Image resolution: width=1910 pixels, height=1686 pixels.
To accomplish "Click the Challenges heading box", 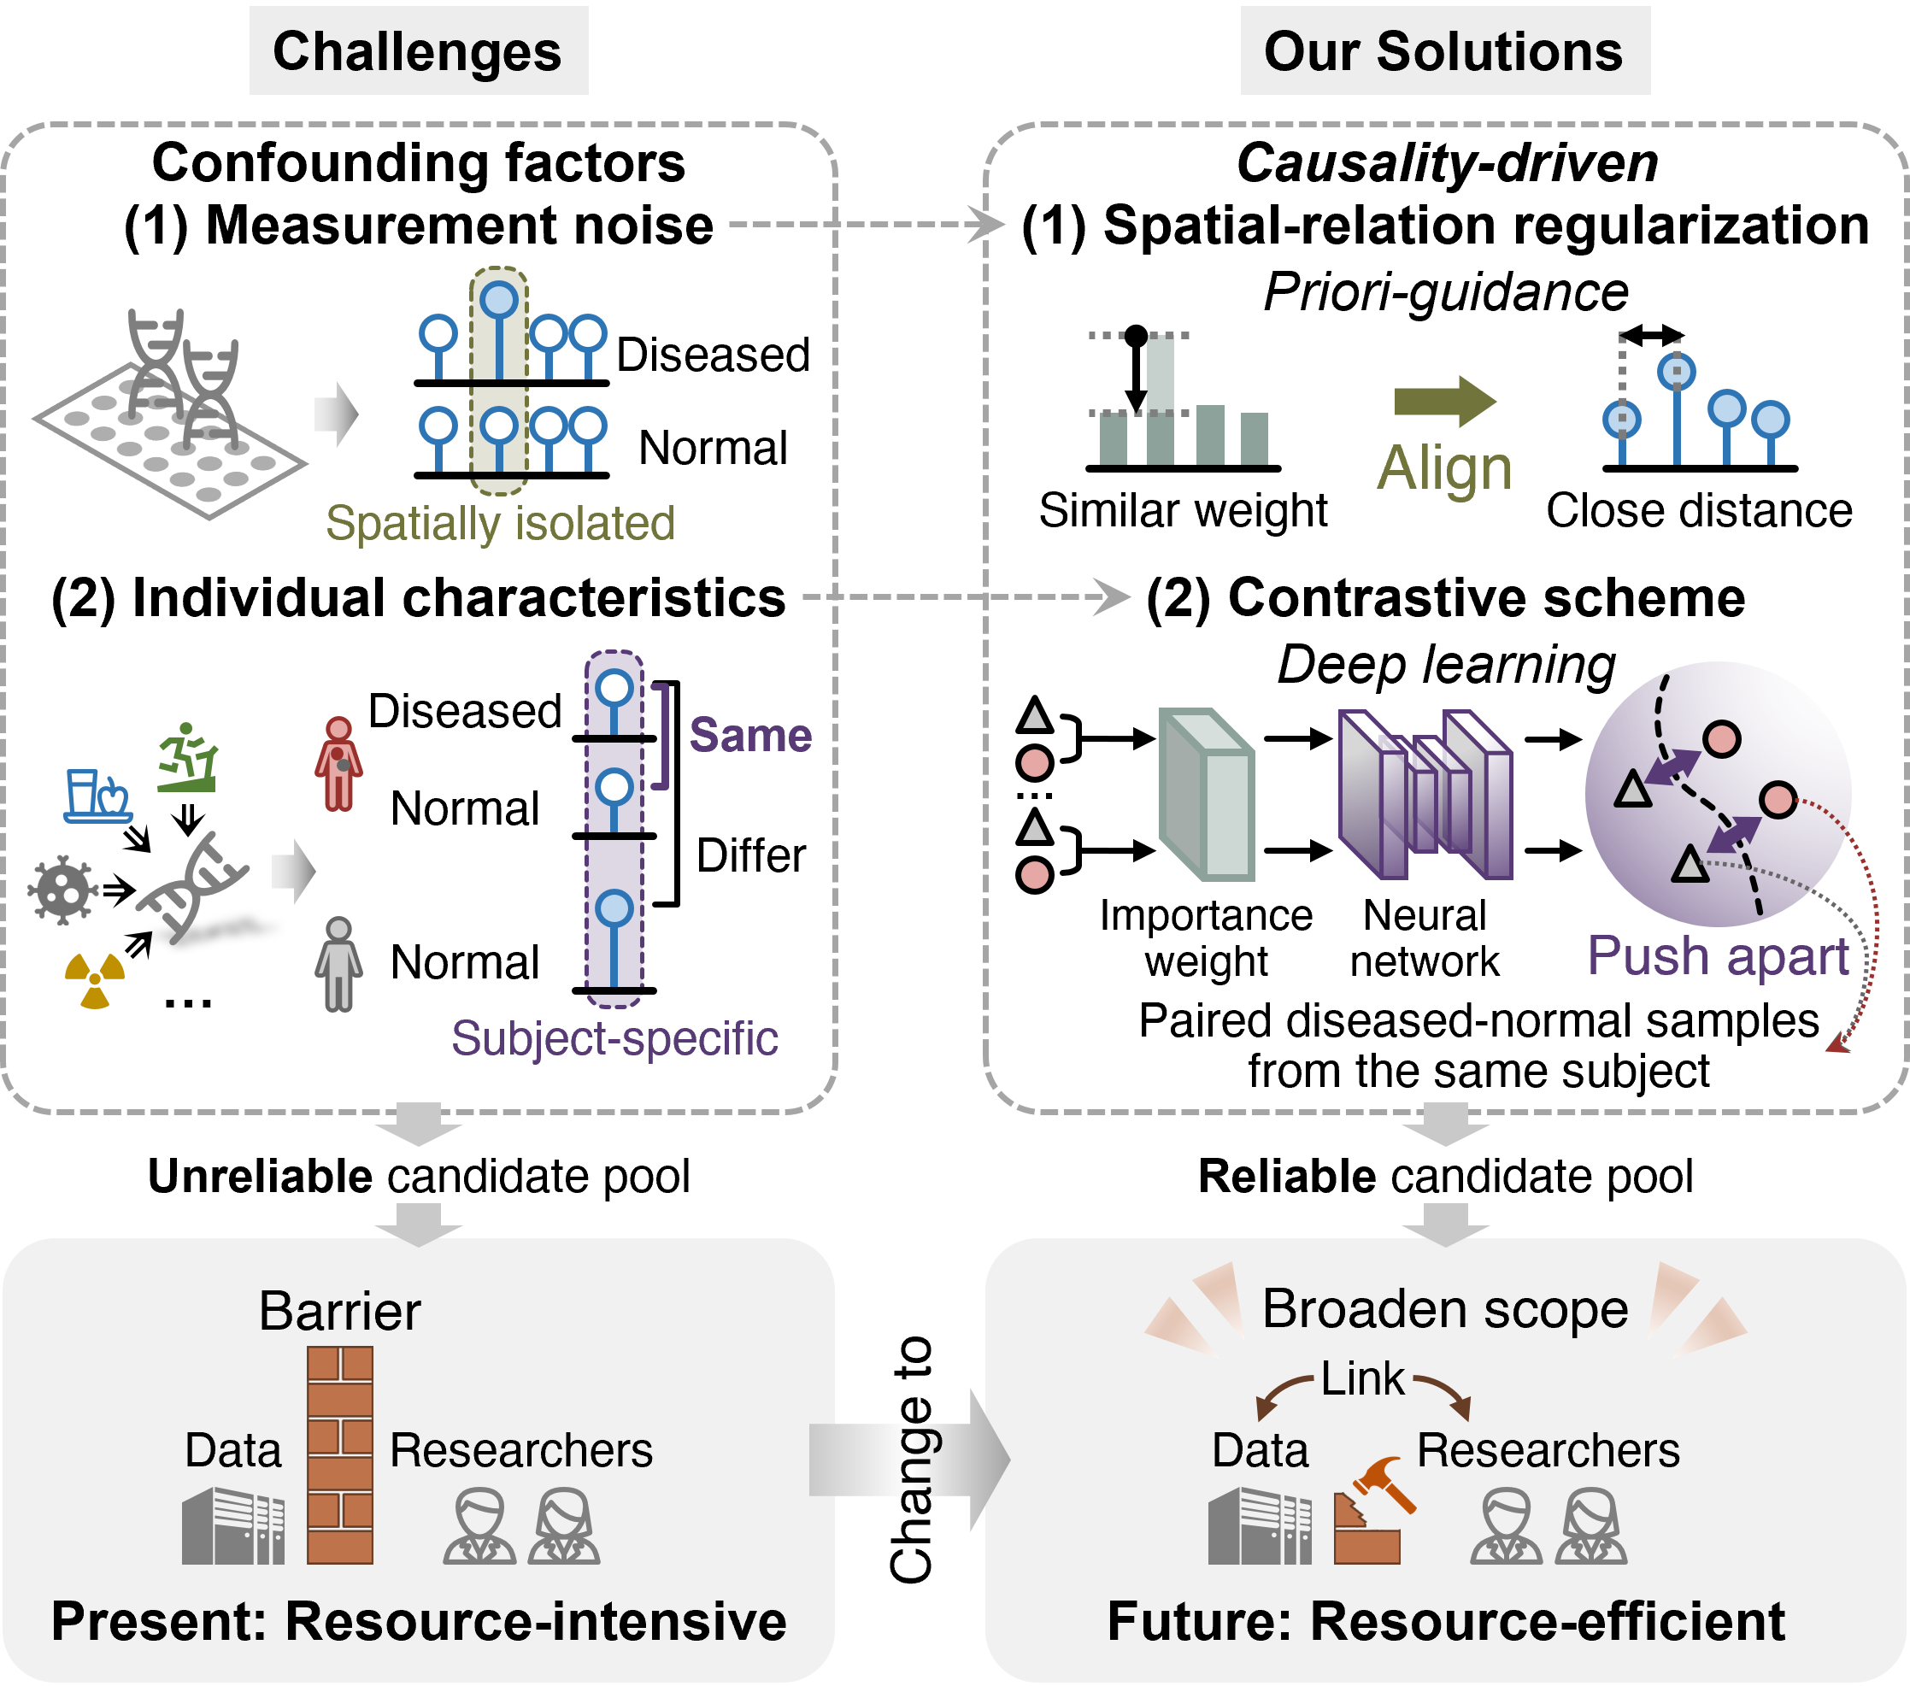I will click(x=418, y=51).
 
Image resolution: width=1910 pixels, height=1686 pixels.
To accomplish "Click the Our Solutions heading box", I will click(x=1443, y=51).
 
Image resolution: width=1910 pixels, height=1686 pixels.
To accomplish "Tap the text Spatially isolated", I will click(x=500, y=523).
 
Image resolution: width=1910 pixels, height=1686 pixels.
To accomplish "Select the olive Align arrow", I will click(x=1443, y=402).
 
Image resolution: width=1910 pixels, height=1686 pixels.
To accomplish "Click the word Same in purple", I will click(x=750, y=736).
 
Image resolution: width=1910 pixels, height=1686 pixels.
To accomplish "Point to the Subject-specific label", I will click(x=614, y=1038).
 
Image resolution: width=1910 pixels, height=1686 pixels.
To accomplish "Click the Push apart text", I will click(x=1718, y=956).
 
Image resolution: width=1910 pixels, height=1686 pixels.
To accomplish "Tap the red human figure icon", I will click(x=338, y=764).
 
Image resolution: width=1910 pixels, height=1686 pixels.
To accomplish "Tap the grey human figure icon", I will click(x=338, y=965).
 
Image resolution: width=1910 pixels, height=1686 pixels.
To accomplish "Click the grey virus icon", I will click(x=62, y=890).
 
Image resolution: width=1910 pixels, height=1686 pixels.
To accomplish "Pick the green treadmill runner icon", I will click(x=188, y=758).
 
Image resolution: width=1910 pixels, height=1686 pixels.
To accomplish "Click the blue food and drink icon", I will click(x=97, y=796).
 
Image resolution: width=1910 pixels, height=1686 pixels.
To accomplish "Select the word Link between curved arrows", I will click(x=1362, y=1379).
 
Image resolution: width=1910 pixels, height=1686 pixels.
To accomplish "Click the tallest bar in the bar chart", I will click(x=1160, y=400).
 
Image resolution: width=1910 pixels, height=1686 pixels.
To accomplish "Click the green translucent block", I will click(x=1207, y=795).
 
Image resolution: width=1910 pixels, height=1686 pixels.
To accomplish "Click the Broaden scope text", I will click(x=1444, y=1309).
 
